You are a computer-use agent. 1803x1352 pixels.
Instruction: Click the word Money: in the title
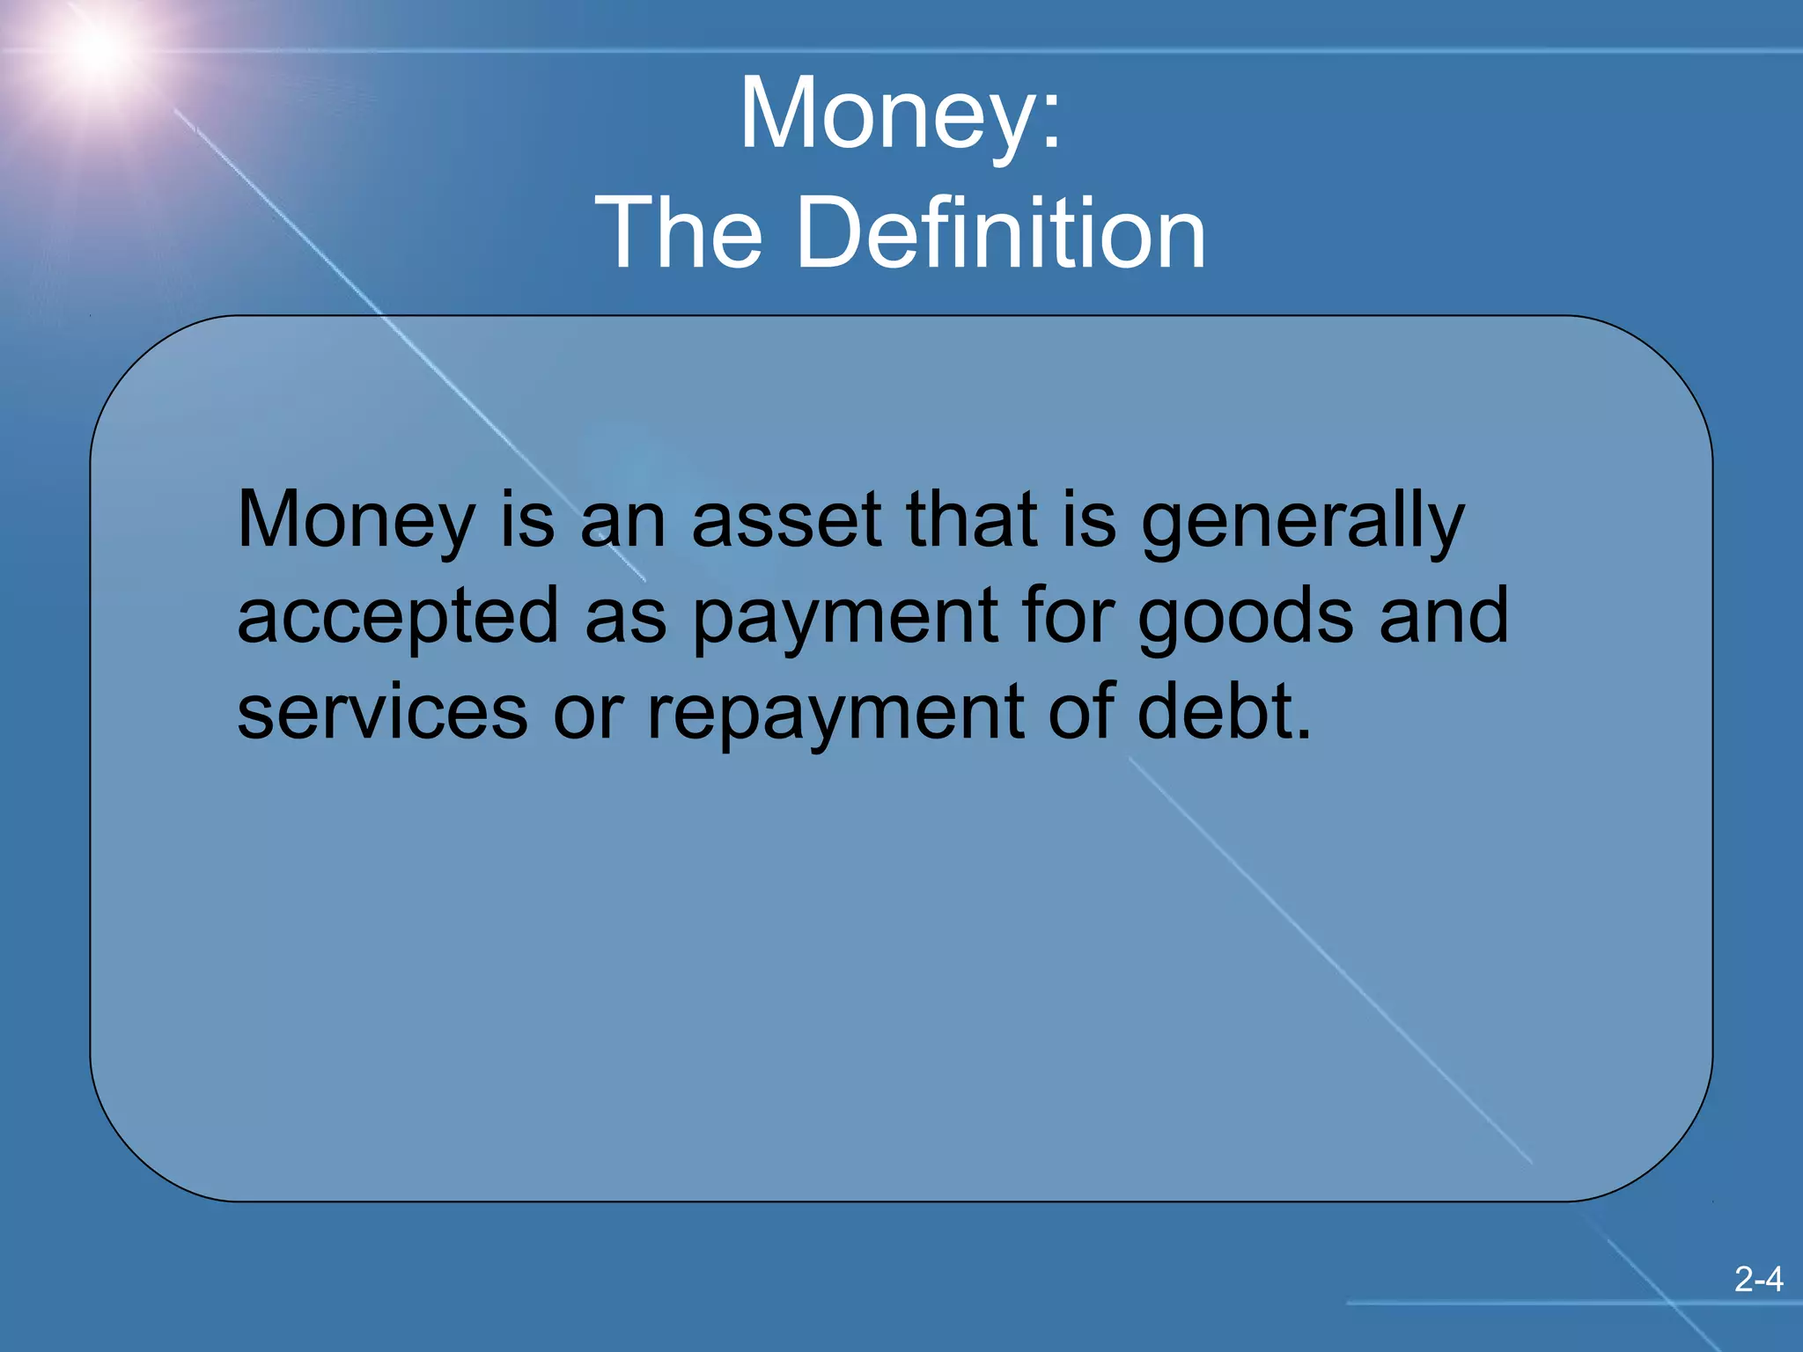[x=901, y=114]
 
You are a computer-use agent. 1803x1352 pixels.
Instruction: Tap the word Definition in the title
[x=1001, y=233]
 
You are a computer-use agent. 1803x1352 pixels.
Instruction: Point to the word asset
[x=787, y=520]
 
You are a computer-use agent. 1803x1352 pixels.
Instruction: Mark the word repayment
[x=835, y=714]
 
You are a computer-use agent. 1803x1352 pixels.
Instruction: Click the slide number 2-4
[x=1758, y=1279]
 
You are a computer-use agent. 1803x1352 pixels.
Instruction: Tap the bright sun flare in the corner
[x=95, y=48]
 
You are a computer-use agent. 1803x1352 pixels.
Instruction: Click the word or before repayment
[x=588, y=714]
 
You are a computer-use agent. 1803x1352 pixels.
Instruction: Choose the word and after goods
[x=1444, y=615]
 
